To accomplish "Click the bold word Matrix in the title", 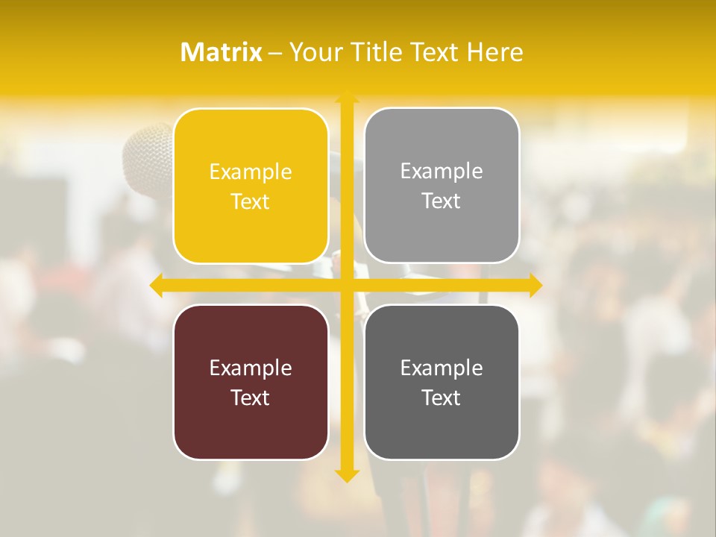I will [222, 52].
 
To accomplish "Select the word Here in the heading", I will [494, 52].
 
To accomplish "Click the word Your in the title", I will [317, 52].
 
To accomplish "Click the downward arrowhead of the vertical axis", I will [347, 475].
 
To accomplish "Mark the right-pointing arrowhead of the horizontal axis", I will [536, 285].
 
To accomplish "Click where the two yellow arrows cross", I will [347, 285].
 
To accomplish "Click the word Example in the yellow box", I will [251, 172].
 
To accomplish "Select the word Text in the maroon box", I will [251, 398].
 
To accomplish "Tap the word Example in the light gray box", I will [442, 171].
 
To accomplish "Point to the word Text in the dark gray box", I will [442, 398].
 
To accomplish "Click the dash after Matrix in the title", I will [275, 53].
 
